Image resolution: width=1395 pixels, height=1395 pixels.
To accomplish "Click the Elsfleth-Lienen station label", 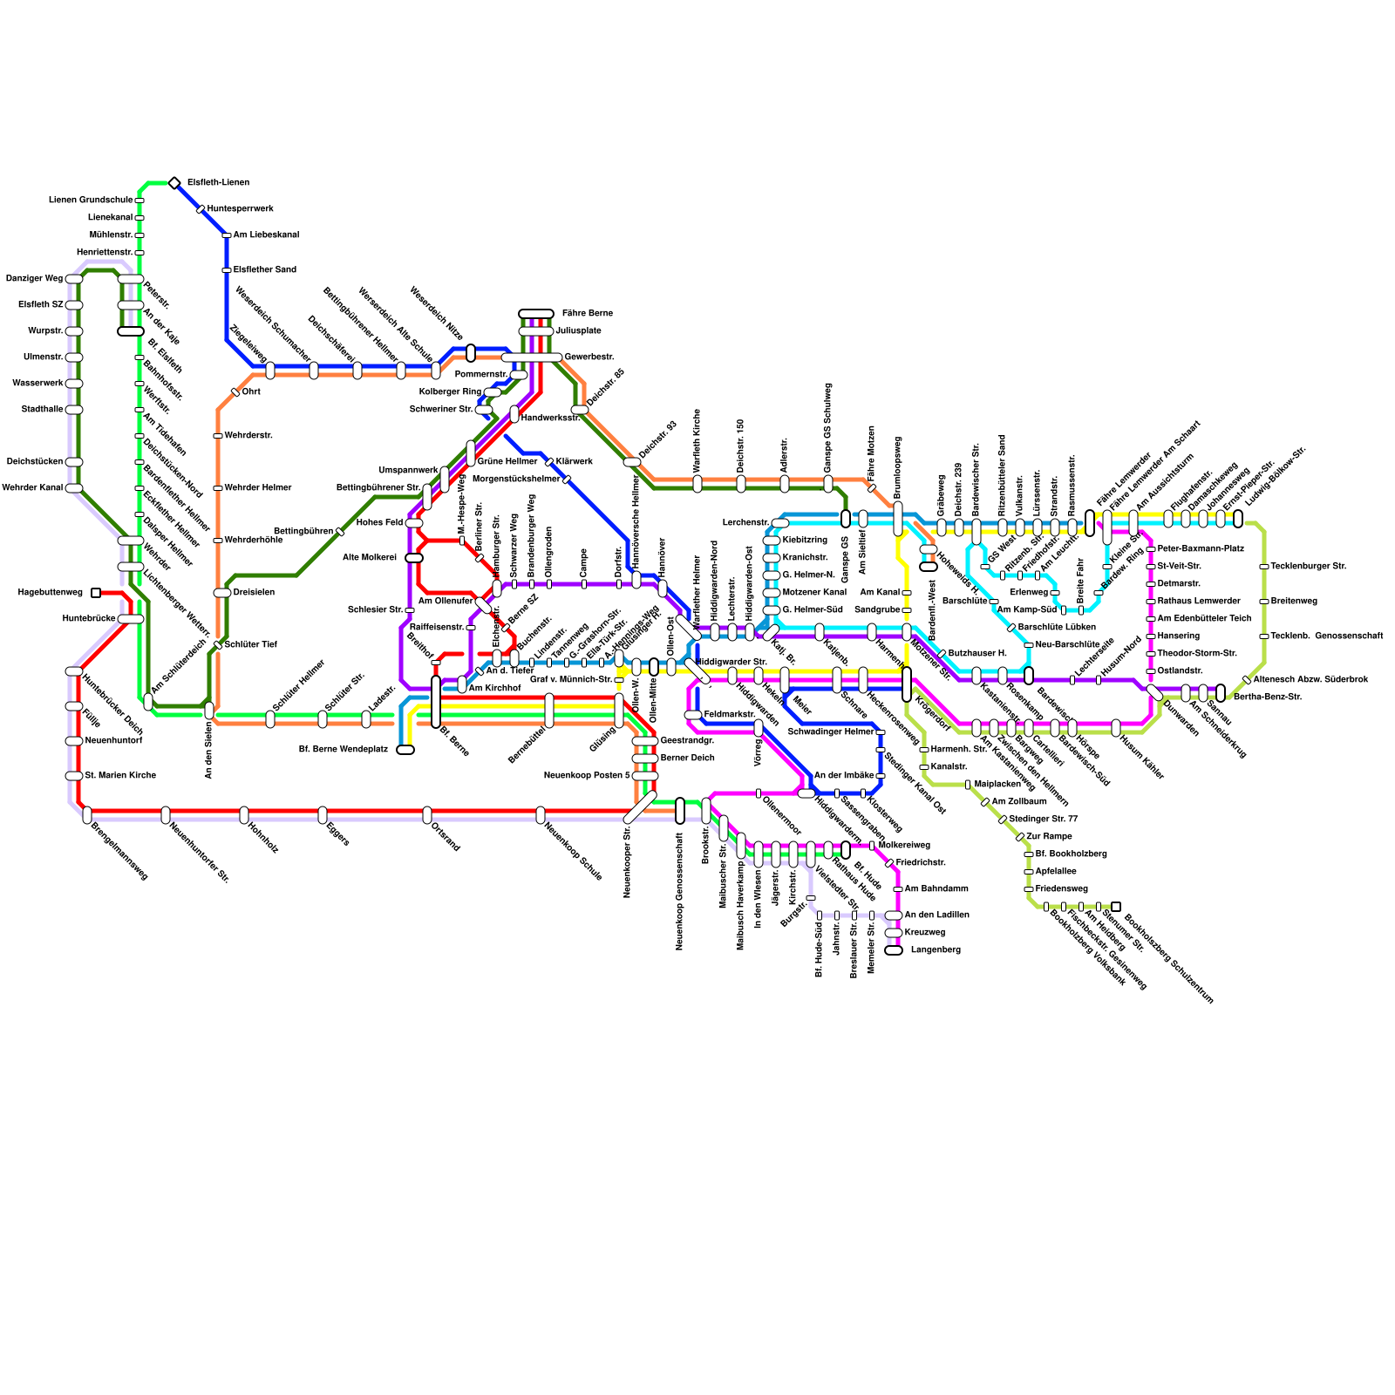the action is [218, 183].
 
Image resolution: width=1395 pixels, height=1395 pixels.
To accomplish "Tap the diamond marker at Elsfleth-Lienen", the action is [174, 183].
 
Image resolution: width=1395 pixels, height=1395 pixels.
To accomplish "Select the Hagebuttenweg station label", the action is [51, 593].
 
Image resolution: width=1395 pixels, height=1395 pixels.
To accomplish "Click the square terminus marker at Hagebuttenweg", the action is [96, 593].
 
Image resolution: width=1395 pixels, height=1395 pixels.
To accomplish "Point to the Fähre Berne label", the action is [587, 313].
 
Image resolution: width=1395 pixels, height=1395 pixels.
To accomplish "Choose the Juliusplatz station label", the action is [578, 331].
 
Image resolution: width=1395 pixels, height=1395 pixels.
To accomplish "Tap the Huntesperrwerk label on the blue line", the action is [240, 209].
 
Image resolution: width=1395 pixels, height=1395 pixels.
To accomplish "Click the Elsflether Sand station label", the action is [264, 270].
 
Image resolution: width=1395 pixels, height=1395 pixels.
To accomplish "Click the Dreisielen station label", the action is [254, 593].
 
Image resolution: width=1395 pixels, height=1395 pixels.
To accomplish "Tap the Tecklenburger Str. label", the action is [1308, 567].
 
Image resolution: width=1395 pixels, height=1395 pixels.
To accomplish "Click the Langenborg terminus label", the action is [936, 950].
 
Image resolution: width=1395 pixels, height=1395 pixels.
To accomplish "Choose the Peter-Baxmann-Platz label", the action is [1201, 549].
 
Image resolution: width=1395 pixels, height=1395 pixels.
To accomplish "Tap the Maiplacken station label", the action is [997, 785].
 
